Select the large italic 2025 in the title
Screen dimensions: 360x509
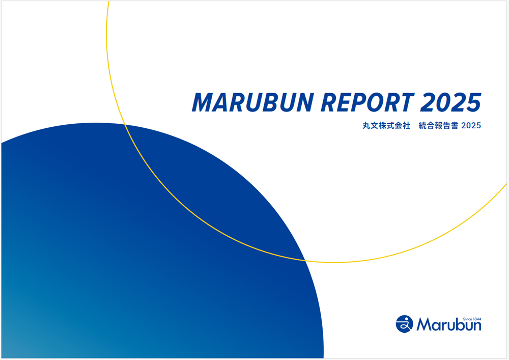pyautogui.click(x=450, y=103)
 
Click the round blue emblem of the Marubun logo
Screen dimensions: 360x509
pyautogui.click(x=404, y=323)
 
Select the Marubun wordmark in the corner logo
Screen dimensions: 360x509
pyautogui.click(x=448, y=325)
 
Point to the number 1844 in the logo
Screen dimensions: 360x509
pyautogui.click(x=475, y=318)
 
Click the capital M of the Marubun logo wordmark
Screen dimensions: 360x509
pyautogui.click(x=423, y=325)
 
